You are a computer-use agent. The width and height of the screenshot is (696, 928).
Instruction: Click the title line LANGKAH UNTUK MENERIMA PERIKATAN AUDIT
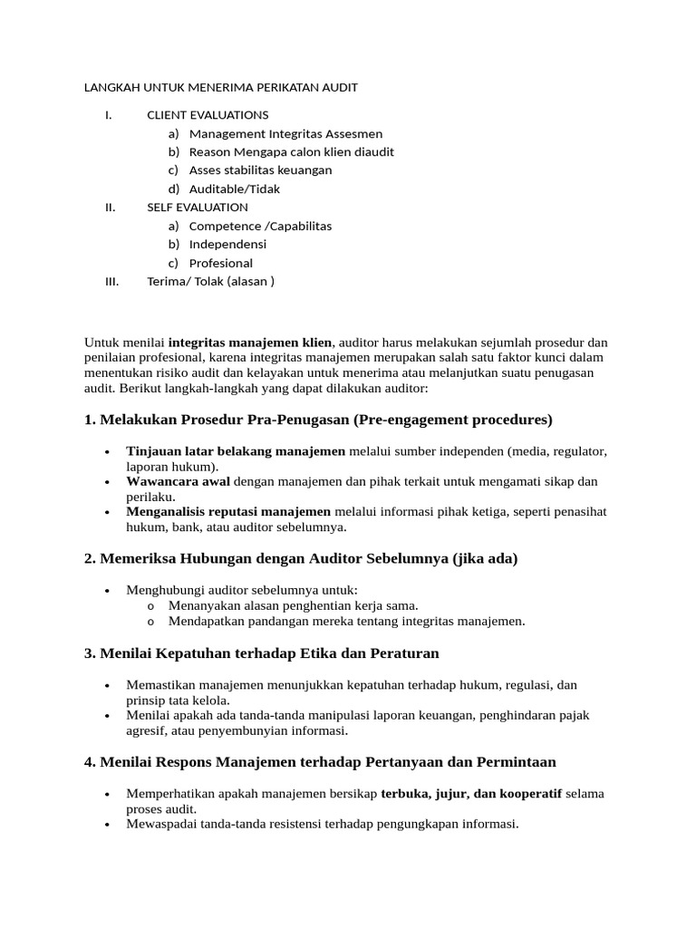tap(221, 88)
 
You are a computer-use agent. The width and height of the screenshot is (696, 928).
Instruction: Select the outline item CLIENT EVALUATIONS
tap(208, 115)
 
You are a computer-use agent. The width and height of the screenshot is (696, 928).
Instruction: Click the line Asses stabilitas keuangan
tap(260, 170)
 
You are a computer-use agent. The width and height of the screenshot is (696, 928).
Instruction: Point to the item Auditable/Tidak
tap(234, 188)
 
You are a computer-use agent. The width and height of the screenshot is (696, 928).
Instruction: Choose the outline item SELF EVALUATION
tap(198, 208)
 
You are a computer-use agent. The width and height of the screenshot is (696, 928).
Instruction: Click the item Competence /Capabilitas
tap(260, 226)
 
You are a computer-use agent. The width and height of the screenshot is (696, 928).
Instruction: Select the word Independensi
tap(227, 245)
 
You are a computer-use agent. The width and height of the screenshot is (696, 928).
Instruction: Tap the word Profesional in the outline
tap(221, 263)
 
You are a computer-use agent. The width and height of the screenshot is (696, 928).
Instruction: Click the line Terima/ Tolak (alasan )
tap(210, 282)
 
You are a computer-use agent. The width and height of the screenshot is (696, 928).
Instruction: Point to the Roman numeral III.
tap(112, 282)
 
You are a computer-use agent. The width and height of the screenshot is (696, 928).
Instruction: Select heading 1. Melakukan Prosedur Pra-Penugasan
tap(318, 420)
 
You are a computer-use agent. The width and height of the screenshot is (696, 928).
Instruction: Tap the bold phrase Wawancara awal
tap(179, 481)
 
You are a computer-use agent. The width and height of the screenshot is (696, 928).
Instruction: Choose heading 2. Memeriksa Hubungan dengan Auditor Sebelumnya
tap(301, 559)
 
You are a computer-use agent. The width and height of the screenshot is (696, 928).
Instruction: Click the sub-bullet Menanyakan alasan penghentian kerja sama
tap(293, 605)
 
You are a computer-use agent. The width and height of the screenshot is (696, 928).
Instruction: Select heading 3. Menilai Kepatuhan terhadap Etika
tap(262, 653)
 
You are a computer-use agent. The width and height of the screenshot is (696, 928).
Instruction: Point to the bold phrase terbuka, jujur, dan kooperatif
tap(471, 794)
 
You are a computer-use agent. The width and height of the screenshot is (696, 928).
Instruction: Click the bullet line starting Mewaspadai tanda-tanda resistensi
tap(323, 825)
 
